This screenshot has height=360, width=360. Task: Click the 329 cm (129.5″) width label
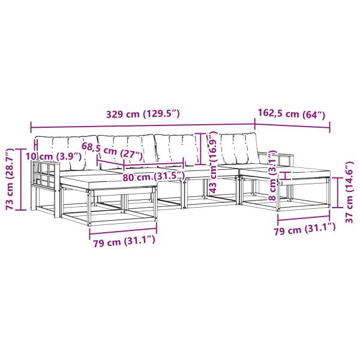[143, 114]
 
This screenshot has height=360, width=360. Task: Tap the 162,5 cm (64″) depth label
[292, 113]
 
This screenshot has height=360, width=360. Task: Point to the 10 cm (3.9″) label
[53, 157]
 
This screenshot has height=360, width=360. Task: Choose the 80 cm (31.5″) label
[154, 176]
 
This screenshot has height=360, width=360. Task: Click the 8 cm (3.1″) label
[272, 175]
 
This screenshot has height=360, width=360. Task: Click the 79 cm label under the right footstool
[305, 229]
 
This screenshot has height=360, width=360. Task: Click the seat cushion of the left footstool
[108, 181]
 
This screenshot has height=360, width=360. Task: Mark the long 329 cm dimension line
[143, 126]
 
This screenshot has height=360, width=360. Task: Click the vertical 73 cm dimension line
[20, 179]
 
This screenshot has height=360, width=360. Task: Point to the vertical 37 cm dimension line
[338, 193]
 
